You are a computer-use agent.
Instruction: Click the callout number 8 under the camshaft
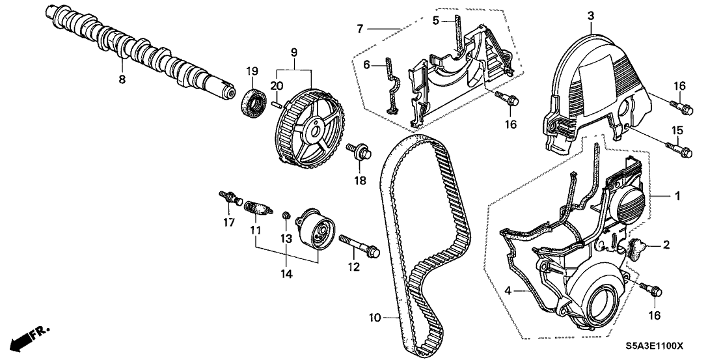point(122,79)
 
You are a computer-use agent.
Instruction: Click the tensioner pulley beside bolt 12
point(315,229)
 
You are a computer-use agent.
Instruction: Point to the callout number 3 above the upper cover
point(590,14)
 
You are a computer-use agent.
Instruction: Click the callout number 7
point(359,29)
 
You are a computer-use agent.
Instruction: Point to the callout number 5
point(437,20)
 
